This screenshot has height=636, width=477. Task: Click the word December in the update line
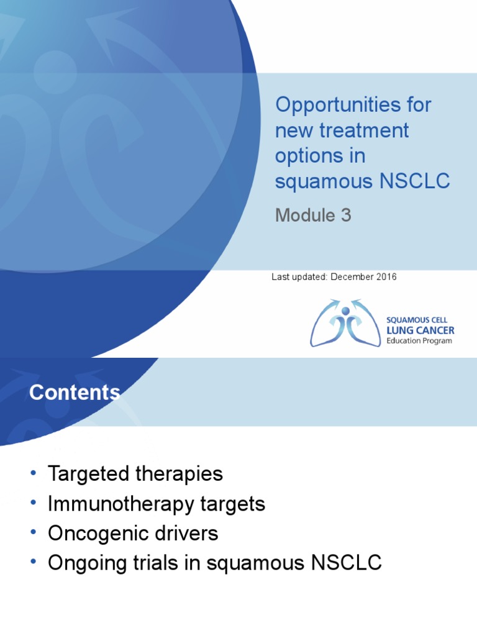point(353,277)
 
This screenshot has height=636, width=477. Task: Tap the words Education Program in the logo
point(419,341)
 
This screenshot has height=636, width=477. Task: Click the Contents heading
point(75,393)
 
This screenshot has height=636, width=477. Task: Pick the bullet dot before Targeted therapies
point(33,475)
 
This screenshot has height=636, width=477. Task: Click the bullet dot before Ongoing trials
point(33,563)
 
